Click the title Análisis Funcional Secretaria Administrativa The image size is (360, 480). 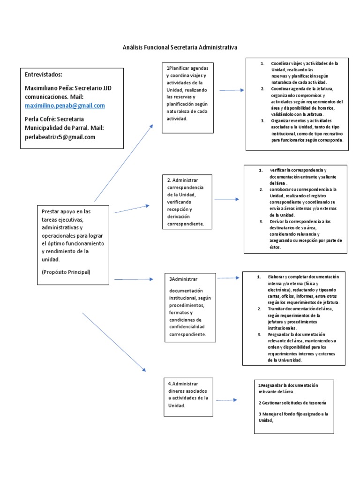[180, 47]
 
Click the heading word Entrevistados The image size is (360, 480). [43, 74]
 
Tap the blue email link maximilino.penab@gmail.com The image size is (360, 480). [65, 105]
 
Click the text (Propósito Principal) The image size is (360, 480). [66, 272]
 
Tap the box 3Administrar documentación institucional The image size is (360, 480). [190, 307]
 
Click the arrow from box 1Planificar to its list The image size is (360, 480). [232, 90]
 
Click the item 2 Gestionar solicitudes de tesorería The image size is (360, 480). [292, 403]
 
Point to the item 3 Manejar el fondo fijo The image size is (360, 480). [293, 417]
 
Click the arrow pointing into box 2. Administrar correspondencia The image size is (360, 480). [132, 209]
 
